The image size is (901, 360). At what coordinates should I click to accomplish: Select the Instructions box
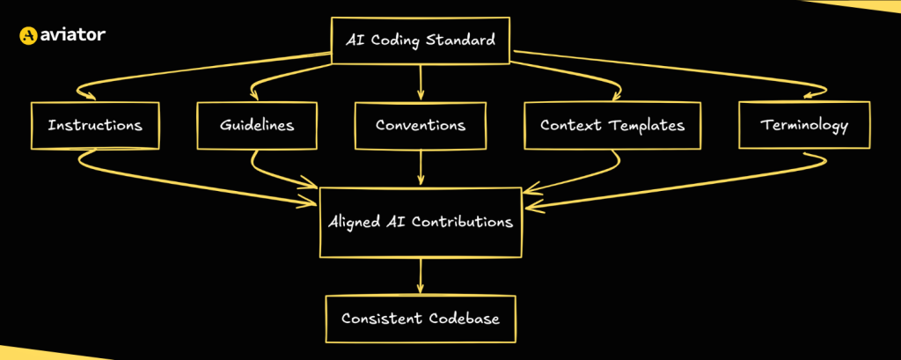click(x=94, y=125)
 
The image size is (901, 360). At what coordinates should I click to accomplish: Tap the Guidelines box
click(x=256, y=125)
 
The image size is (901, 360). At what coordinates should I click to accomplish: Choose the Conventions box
click(x=420, y=125)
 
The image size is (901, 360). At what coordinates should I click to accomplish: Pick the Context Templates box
click(x=612, y=125)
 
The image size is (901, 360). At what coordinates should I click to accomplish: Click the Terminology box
click(x=803, y=125)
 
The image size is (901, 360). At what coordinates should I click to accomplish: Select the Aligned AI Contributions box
click(x=420, y=222)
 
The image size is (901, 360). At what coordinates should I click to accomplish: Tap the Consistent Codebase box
click(x=420, y=319)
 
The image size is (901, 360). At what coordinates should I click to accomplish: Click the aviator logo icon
click(x=28, y=36)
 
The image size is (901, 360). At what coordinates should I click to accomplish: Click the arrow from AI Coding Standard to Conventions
click(x=421, y=81)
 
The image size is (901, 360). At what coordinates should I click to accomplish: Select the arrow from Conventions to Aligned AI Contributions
click(x=421, y=167)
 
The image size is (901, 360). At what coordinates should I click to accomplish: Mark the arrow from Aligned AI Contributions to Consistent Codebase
click(x=421, y=276)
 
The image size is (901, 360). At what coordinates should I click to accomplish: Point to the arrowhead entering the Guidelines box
click(x=256, y=92)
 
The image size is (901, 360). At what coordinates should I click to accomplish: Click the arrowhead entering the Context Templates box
click(x=616, y=92)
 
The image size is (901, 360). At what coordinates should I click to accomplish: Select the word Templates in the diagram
click(x=648, y=125)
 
